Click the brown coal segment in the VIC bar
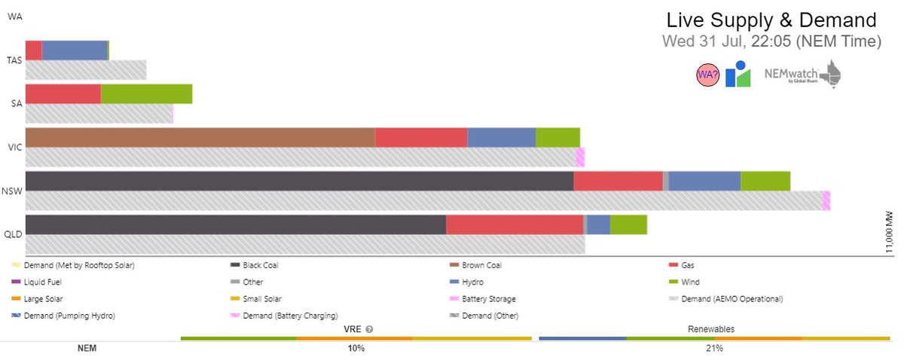200,137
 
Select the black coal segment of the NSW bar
299,181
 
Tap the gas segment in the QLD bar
515,224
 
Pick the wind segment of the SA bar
146,93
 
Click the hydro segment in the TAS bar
75,50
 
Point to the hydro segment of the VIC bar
501,137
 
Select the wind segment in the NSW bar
765,181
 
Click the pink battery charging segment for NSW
826,200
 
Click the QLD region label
14,233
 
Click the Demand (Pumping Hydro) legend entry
69,316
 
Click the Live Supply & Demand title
771,20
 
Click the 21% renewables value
714,349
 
